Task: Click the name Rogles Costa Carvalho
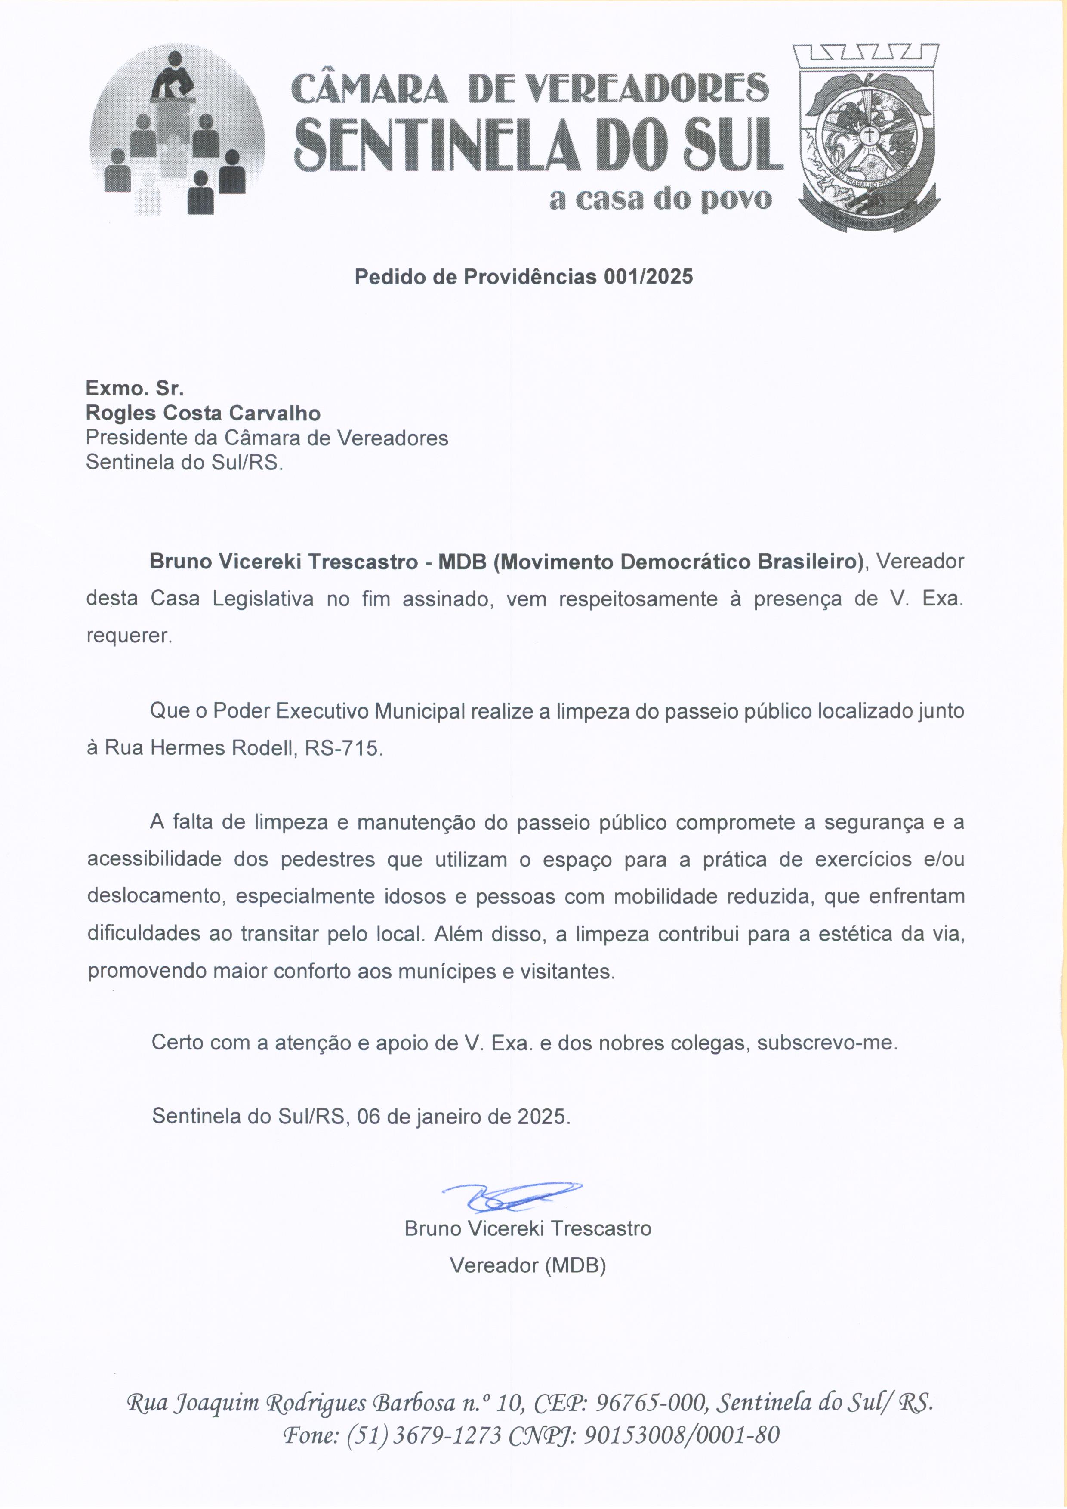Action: [203, 414]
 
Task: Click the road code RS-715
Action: [342, 748]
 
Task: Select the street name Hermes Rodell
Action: [222, 748]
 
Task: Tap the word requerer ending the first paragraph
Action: [129, 636]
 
